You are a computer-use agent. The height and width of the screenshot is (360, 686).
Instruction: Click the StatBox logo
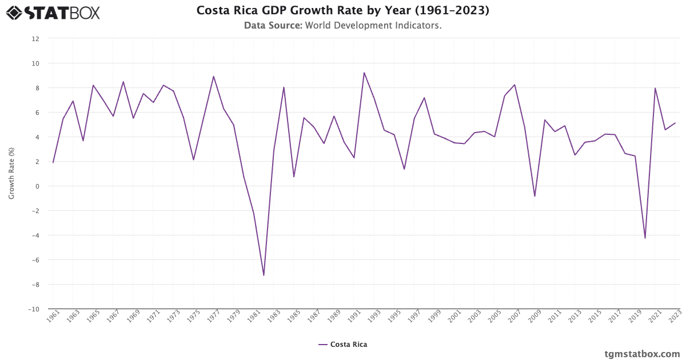coord(53,13)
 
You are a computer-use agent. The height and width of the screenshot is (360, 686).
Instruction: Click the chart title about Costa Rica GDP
coord(342,10)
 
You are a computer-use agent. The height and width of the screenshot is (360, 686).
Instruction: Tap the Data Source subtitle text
coord(342,25)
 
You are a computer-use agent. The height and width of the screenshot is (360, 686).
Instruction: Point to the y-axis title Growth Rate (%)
coord(11,174)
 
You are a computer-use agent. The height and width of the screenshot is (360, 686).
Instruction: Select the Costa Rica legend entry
coord(343,345)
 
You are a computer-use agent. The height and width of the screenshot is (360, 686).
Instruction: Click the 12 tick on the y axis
coord(35,39)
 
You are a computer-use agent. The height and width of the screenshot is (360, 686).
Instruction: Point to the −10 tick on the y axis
coord(34,309)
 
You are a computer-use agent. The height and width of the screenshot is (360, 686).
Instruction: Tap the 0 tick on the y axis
coord(37,186)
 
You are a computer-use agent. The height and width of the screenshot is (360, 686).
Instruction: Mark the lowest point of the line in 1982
coord(264,275)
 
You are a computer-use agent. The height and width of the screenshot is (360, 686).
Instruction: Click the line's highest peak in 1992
coord(364,73)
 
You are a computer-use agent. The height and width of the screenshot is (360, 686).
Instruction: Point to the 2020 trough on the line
coord(645,238)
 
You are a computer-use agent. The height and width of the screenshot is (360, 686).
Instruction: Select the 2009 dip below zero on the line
coord(535,196)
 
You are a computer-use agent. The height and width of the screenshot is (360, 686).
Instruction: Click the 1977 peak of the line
coord(213,77)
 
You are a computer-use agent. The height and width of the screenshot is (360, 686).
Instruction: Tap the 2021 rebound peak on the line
coord(655,88)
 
